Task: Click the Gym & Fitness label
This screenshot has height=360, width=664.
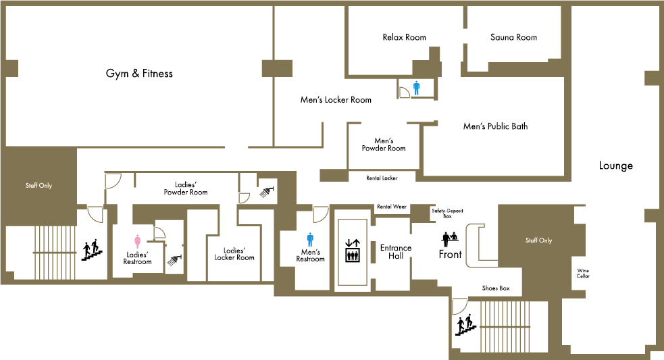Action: pos(139,74)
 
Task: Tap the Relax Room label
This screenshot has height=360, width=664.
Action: pos(405,37)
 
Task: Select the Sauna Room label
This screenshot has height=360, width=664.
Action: pos(513,37)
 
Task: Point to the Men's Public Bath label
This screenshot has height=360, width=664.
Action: pos(495,126)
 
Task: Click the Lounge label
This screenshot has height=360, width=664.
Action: pos(616,165)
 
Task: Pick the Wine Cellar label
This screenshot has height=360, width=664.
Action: pos(583,273)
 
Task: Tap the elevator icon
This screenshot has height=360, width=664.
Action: pos(353,251)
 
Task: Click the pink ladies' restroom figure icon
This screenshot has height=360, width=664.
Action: pos(137,241)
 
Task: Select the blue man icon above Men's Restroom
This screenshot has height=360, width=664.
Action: pos(311,240)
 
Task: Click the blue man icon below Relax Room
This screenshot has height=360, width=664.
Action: pos(416,88)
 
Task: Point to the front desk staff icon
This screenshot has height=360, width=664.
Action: pos(450,239)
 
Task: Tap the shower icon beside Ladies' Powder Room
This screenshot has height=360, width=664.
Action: pos(267,191)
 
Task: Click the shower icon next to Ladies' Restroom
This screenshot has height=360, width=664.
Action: pos(175,259)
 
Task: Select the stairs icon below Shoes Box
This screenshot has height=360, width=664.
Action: pos(465,325)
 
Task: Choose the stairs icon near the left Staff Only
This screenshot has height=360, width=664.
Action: pos(92,250)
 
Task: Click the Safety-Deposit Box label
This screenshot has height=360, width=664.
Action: pos(447,213)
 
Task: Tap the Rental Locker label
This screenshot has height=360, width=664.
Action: pos(382,178)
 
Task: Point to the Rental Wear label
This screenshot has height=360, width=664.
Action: pos(392,207)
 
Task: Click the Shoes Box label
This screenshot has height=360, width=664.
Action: pos(496,288)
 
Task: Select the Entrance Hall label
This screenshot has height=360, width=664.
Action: pos(396,251)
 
